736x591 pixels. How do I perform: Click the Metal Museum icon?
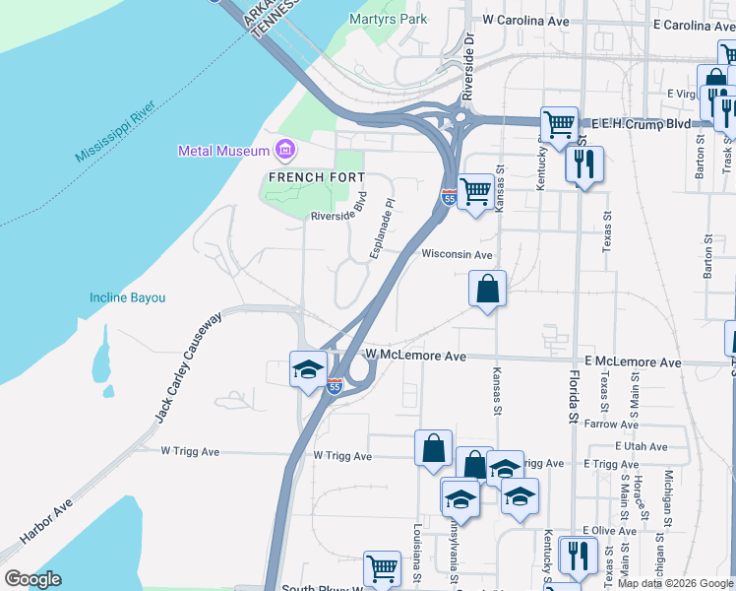[x=285, y=151]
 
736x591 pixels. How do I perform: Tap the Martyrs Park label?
[x=389, y=19]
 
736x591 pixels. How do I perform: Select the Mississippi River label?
[x=116, y=129]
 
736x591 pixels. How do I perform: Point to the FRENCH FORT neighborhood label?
[x=303, y=177]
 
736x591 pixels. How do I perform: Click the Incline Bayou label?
[x=128, y=297]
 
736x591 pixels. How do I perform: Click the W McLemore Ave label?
[x=414, y=355]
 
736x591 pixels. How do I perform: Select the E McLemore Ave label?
[x=632, y=362]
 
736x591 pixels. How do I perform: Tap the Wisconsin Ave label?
[x=457, y=254]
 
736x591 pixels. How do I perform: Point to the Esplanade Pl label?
[x=383, y=230]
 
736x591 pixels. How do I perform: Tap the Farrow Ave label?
[x=613, y=425]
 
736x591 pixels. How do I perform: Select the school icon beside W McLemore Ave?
[x=308, y=369]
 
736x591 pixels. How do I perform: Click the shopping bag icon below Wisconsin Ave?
[x=487, y=290]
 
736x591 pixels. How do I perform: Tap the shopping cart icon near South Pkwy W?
[x=382, y=568]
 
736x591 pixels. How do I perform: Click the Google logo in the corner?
[x=32, y=579]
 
